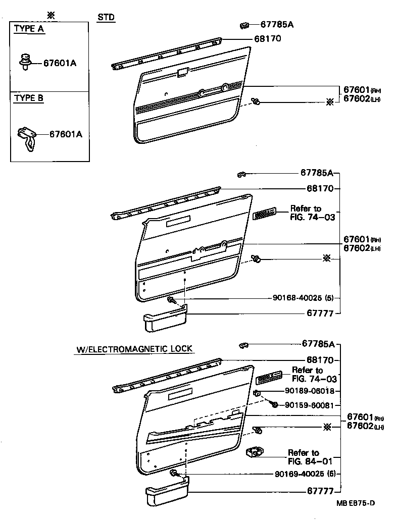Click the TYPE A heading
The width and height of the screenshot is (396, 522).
(x=29, y=29)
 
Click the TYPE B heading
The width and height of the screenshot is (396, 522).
(x=29, y=98)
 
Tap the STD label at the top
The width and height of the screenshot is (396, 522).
(x=106, y=18)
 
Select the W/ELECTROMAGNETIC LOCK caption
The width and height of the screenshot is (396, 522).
(x=135, y=349)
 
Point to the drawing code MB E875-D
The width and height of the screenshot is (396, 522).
(x=357, y=503)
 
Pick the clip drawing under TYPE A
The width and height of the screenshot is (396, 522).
(x=25, y=62)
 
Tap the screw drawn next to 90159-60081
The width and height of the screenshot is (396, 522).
(x=274, y=404)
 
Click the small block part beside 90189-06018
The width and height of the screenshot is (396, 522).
(x=257, y=392)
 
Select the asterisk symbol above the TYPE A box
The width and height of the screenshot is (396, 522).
(x=50, y=15)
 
